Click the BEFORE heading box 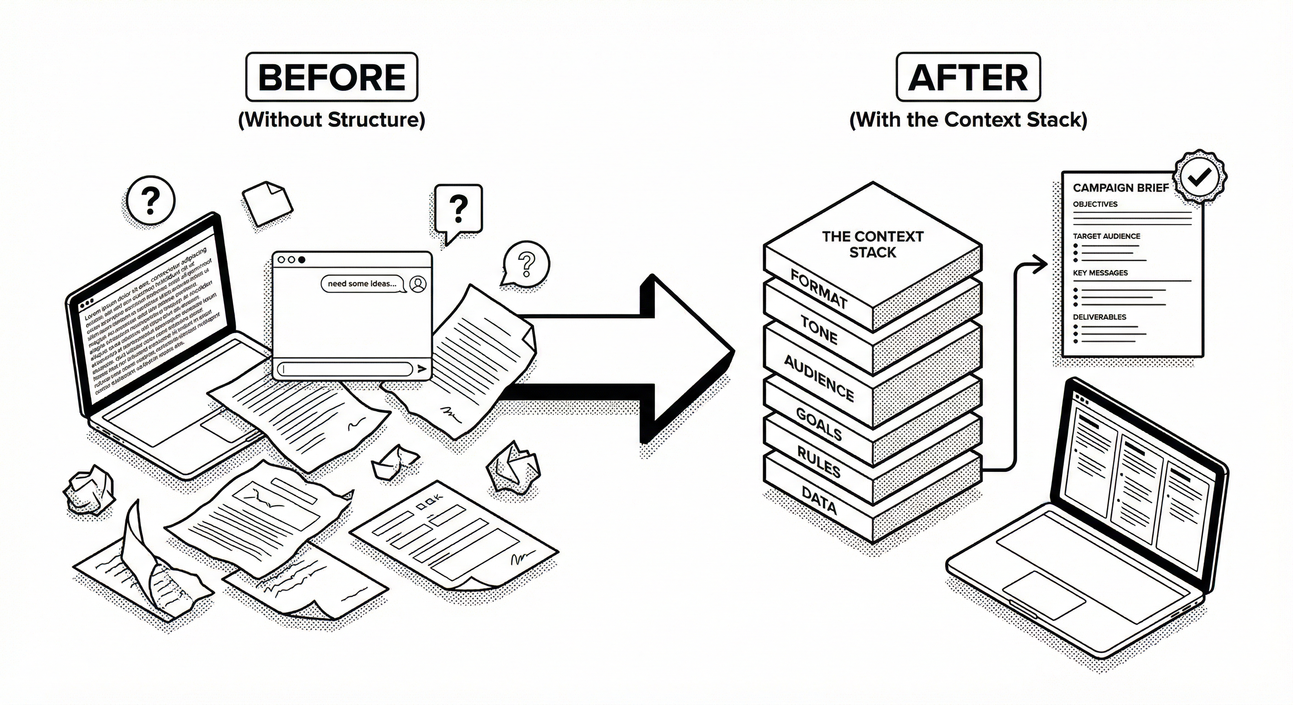(331, 77)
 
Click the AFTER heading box (968, 77)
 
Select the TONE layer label (819, 330)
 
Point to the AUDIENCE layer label (819, 378)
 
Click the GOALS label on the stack (819, 424)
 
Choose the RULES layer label (819, 462)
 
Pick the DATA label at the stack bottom (819, 500)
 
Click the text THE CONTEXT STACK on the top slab (872, 244)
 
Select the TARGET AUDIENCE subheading (1106, 236)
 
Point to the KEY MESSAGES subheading (1100, 273)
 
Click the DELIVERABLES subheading (1099, 317)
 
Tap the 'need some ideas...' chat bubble (362, 284)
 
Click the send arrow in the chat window (422, 369)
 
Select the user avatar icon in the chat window (418, 284)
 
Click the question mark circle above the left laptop (150, 200)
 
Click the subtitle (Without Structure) (331, 120)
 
